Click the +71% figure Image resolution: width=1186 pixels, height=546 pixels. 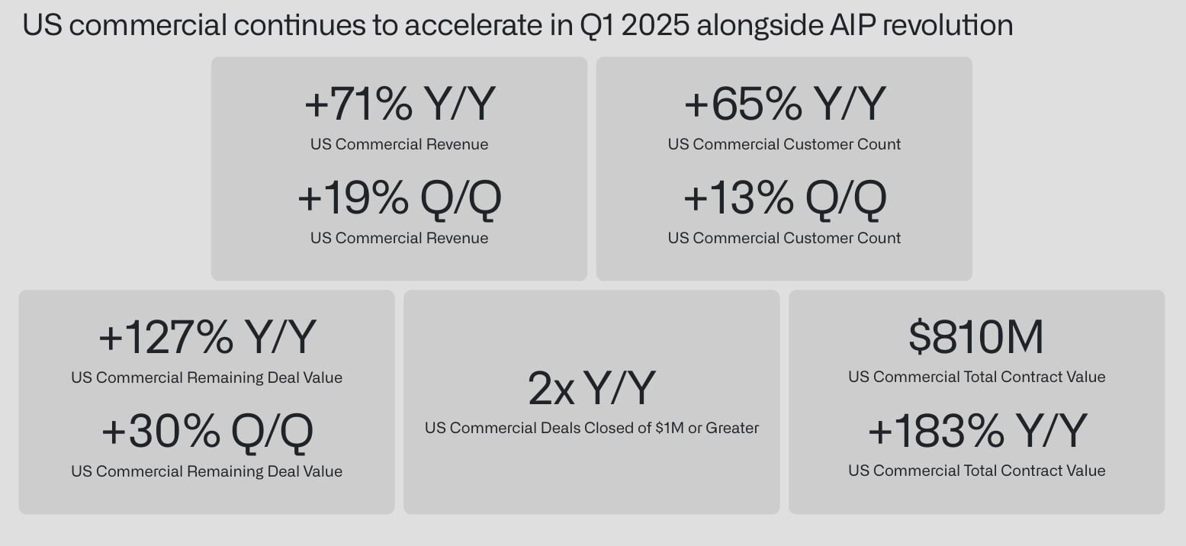point(358,104)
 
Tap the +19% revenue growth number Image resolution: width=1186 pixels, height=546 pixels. point(353,198)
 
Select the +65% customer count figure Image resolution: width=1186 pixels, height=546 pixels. point(743,104)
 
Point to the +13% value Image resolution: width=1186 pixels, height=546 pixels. point(738,198)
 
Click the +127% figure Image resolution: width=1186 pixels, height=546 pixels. point(166,337)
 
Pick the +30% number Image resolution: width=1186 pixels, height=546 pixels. point(160,432)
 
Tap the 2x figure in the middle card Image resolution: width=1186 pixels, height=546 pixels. point(551,389)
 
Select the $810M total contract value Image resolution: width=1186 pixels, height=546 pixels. point(975,337)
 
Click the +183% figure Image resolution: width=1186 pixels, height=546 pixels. point(936,432)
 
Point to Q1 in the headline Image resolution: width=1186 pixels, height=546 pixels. point(596,25)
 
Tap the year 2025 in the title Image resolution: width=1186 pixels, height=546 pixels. point(655,25)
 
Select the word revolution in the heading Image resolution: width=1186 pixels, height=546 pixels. point(948,25)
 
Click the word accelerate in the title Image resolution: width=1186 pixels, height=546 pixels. point(474,25)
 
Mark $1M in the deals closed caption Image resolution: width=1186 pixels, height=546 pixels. point(669,427)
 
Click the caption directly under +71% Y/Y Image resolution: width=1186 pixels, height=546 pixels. point(399,144)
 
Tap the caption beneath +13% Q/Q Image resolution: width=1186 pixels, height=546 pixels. point(784,238)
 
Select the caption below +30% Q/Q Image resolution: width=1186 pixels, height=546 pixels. point(207,471)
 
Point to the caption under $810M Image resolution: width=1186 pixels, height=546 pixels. point(977,377)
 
